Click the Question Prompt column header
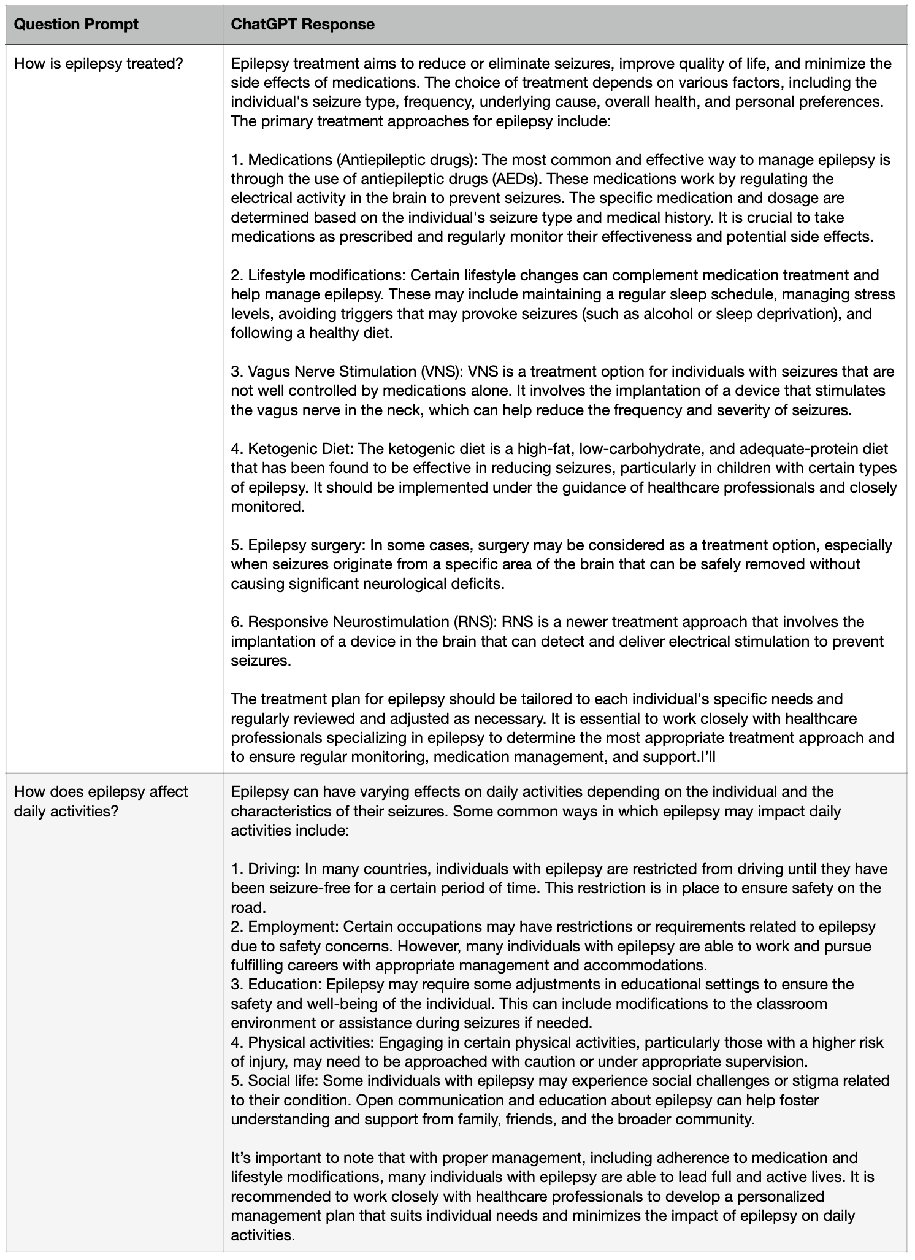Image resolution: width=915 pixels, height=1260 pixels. [76, 25]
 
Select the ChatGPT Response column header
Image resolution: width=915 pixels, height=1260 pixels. [302, 25]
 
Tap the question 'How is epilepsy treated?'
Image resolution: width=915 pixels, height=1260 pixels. [99, 63]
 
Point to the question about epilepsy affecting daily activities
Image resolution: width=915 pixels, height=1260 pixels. [101, 801]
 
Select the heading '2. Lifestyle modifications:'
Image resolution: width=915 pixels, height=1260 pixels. [318, 275]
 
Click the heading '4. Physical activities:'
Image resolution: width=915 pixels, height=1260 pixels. [302, 1042]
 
